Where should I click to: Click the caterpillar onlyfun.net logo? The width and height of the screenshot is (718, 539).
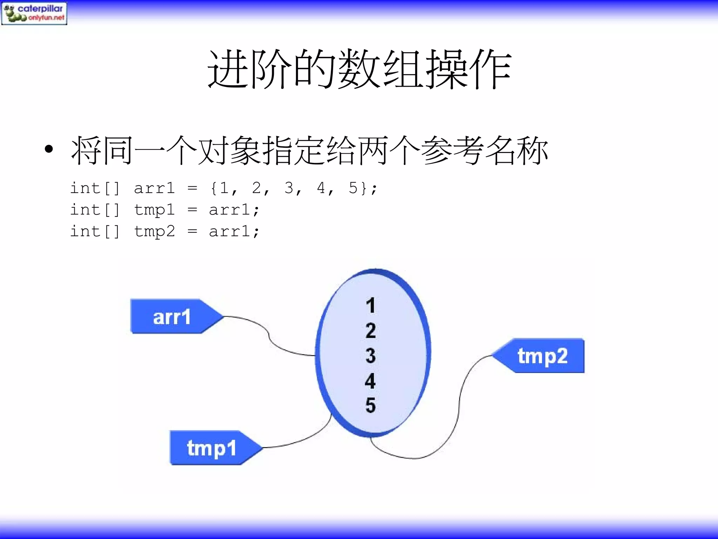(34, 13)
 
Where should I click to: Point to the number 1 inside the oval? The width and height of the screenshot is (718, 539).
(371, 305)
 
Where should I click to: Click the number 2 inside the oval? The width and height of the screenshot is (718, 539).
(371, 331)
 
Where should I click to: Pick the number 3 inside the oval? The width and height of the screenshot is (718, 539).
(371, 355)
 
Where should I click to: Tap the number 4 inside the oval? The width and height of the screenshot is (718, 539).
(370, 381)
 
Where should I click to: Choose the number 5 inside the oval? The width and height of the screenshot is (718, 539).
(371, 405)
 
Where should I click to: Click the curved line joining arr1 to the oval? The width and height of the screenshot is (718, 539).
(269, 335)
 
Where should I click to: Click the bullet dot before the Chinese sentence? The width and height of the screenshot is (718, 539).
(49, 149)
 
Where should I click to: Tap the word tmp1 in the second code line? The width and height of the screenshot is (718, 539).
(154, 210)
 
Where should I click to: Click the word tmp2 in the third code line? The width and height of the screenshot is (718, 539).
(154, 232)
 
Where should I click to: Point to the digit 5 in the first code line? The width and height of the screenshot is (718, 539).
(353, 188)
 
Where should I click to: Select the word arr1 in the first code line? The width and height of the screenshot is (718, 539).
(154, 188)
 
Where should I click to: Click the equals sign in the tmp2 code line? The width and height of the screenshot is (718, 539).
(192, 232)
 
